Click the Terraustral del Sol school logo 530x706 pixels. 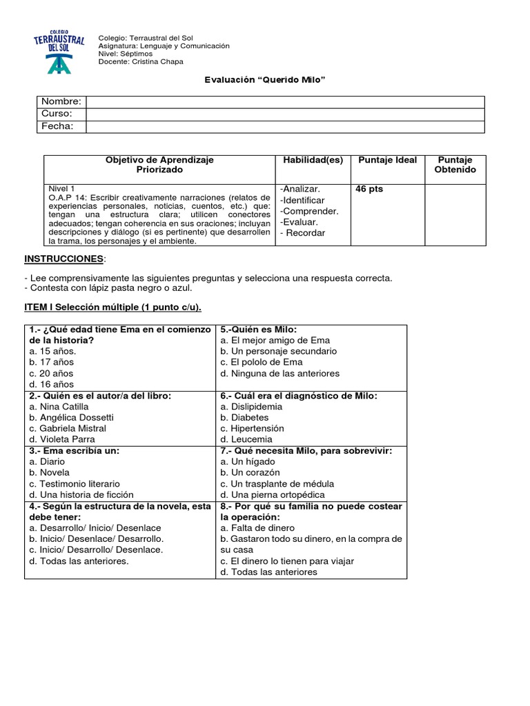[59, 50]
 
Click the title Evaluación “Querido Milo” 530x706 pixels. [264, 80]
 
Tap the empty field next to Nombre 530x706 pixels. [285, 102]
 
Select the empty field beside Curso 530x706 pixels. [285, 114]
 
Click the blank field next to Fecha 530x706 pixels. [285, 127]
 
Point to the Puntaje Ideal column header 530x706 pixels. [387, 160]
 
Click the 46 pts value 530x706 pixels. [369, 189]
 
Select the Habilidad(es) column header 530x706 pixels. [313, 160]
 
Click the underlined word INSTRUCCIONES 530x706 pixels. [63, 259]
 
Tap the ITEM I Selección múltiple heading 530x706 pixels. [113, 307]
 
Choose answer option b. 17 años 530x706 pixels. [52, 362]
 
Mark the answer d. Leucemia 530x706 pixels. [246, 439]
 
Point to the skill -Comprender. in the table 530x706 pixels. [309, 211]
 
